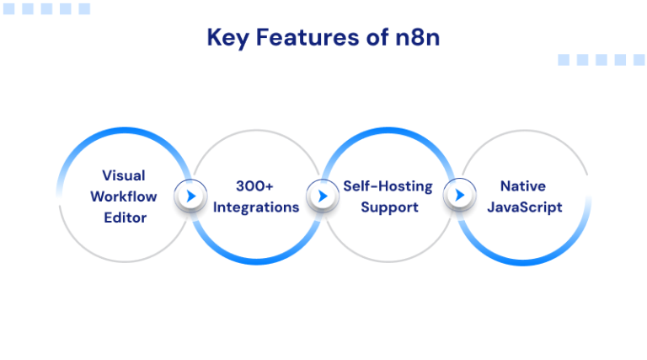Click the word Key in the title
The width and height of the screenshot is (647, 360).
(226, 38)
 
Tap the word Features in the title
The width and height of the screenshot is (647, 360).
(298, 38)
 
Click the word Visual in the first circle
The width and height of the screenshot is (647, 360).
(123, 175)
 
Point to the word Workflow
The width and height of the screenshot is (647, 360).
(123, 196)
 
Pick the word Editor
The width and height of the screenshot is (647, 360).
(123, 218)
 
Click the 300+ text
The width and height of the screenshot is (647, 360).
(255, 186)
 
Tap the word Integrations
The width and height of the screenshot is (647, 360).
(255, 207)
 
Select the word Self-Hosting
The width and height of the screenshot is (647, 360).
(388, 186)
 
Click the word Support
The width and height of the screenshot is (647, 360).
(388, 207)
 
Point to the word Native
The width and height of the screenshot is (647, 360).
(522, 186)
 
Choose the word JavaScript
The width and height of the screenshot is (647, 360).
(522, 207)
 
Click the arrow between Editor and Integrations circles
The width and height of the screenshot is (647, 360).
(190, 196)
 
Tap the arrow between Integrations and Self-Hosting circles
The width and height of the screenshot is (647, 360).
(321, 196)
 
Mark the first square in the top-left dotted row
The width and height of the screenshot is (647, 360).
(9, 9)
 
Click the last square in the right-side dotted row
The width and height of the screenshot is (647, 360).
(639, 60)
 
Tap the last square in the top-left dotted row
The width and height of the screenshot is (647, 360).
(84, 9)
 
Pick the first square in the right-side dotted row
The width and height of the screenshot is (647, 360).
(564, 60)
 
